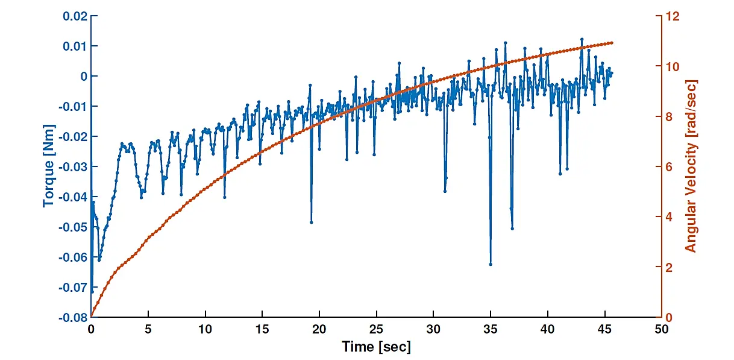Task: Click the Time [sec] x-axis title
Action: click(x=376, y=347)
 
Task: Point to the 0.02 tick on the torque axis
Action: click(x=75, y=16)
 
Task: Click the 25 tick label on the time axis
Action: click(x=376, y=330)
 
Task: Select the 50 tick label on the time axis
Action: click(x=662, y=330)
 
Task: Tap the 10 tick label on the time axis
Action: click(x=205, y=330)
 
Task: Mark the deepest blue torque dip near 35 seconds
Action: click(x=491, y=264)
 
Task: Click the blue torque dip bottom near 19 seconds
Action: click(x=312, y=222)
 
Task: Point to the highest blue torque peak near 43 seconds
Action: click(x=582, y=39)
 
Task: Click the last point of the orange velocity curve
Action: click(x=612, y=43)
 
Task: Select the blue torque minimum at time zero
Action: click(x=92, y=291)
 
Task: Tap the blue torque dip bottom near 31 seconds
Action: click(x=445, y=191)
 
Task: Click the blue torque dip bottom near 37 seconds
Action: click(x=512, y=228)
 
